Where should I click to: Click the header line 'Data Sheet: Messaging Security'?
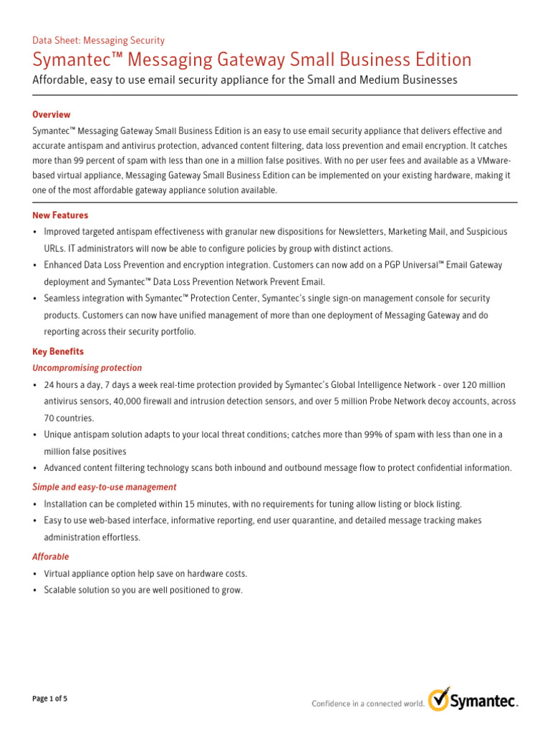99,41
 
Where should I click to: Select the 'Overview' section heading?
52,115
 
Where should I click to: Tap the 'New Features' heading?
60,215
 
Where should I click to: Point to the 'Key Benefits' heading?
58,351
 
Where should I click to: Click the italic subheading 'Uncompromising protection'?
87,368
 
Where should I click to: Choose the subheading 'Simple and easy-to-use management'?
105,487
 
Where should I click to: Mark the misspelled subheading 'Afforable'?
51,556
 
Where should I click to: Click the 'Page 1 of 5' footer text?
50,698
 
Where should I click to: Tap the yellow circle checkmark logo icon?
439,699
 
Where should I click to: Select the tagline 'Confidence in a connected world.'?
368,704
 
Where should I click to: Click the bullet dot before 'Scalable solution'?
35,591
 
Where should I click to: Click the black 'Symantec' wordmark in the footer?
483,702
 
